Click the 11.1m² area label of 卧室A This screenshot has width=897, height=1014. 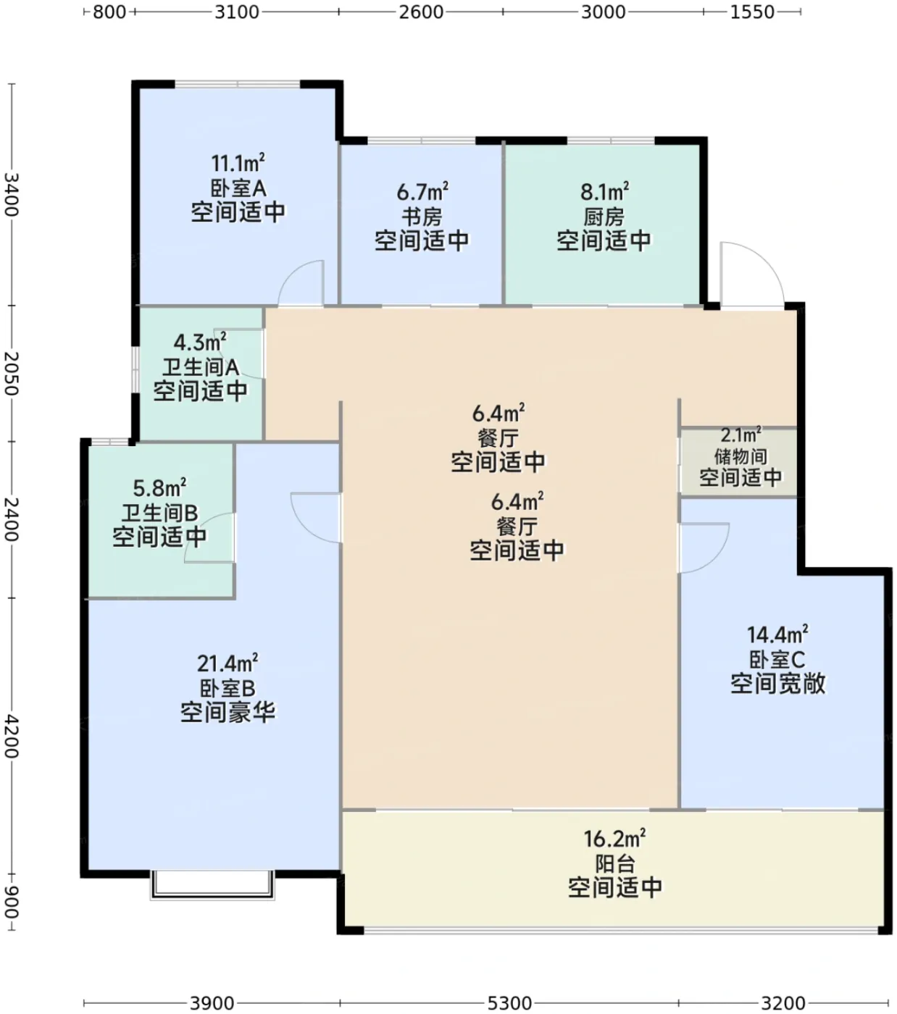pyautogui.click(x=238, y=163)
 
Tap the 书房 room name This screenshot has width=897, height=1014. pyautogui.click(x=422, y=217)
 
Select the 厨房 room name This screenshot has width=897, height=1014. pyautogui.click(x=604, y=217)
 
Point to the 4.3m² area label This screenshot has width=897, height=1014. pyautogui.click(x=200, y=343)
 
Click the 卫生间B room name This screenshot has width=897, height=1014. pyautogui.click(x=160, y=513)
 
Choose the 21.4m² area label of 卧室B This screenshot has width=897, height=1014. pyautogui.click(x=228, y=663)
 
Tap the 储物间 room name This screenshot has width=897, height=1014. pyautogui.click(x=740, y=456)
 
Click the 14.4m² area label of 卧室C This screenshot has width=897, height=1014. pyautogui.click(x=777, y=634)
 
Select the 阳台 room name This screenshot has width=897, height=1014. pyautogui.click(x=615, y=863)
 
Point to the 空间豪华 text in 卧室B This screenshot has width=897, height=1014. pyautogui.click(x=228, y=712)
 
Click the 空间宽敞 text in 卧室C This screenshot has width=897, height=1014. pyautogui.click(x=777, y=683)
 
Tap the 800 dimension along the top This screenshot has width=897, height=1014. pyautogui.click(x=109, y=12)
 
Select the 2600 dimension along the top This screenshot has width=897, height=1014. pyautogui.click(x=421, y=12)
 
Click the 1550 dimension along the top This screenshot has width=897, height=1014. pyautogui.click(x=752, y=12)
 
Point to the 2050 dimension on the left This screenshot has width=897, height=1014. pyautogui.click(x=12, y=373)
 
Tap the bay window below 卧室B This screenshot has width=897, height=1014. pyautogui.click(x=212, y=885)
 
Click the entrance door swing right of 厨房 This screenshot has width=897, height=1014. pyautogui.click(x=752, y=273)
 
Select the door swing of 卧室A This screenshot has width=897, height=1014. pyautogui.click(x=301, y=282)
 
